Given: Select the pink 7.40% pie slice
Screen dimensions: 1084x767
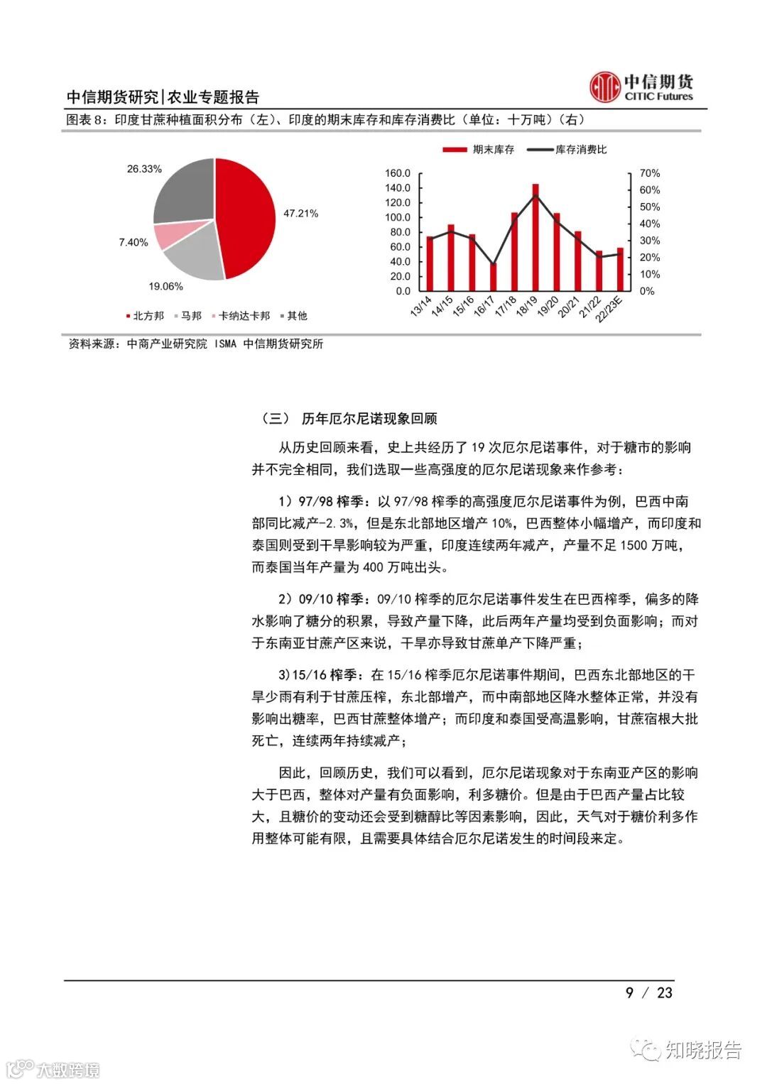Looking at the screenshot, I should pos(170,235).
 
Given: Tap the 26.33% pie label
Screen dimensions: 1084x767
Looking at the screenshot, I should pos(144,169).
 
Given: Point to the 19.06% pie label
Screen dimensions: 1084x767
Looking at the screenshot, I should pos(165,286).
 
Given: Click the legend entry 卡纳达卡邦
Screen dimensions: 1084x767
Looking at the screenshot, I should pos(244,316).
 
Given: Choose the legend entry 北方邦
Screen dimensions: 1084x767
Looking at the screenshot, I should pos(148,316).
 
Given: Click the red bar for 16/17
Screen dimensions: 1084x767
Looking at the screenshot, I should pos(494,276).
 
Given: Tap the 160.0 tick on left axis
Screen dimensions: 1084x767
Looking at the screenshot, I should pos(398,173).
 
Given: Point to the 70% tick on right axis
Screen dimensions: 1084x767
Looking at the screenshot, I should pos(649,173).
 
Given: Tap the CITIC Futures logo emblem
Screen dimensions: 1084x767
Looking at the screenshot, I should pos(604,87).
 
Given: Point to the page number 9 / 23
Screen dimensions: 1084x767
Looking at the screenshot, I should pos(648,992).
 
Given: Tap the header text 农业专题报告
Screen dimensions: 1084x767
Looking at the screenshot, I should pos(213,97).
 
